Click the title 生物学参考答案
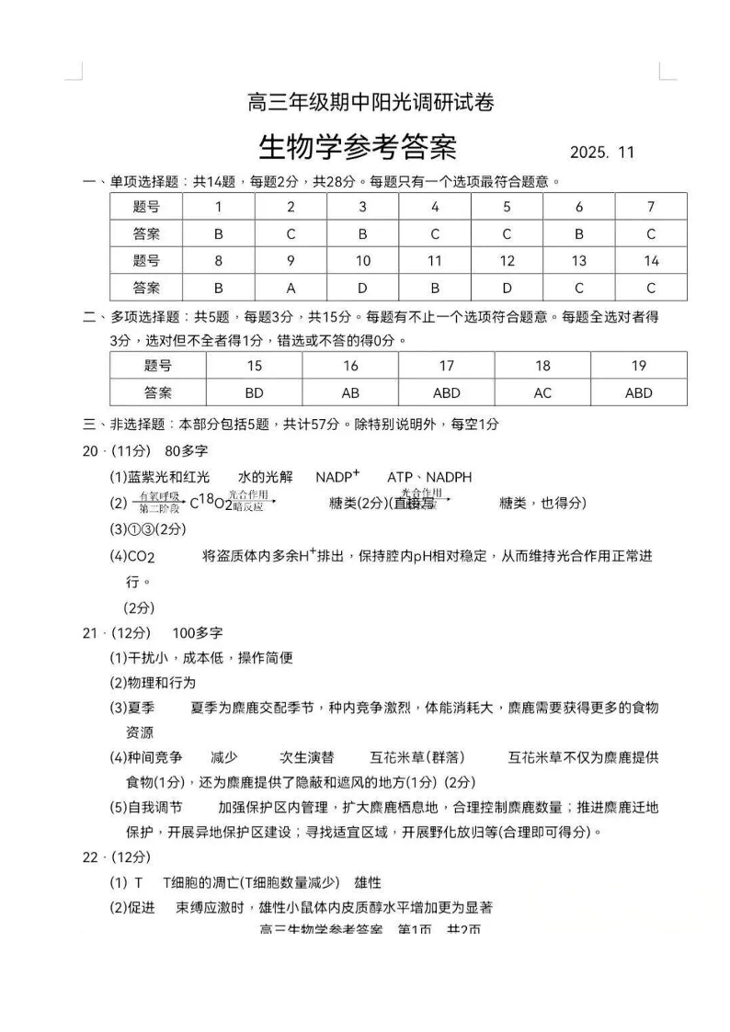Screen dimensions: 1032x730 coord(358,147)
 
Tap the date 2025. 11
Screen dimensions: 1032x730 coord(602,153)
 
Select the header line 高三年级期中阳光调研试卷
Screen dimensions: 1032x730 coord(371,102)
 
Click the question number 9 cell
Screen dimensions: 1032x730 coord(291,261)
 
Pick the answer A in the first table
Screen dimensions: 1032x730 coord(291,288)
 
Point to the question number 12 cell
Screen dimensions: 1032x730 coord(507,261)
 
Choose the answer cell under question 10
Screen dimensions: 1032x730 coord(363,288)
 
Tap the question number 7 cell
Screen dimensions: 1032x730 coord(651,207)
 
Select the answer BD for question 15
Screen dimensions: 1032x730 coord(254,392)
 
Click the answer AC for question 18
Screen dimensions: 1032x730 coord(542,392)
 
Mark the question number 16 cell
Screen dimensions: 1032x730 coord(350,366)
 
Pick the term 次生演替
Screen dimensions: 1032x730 coord(306,757)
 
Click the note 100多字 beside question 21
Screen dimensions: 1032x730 coord(197,633)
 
